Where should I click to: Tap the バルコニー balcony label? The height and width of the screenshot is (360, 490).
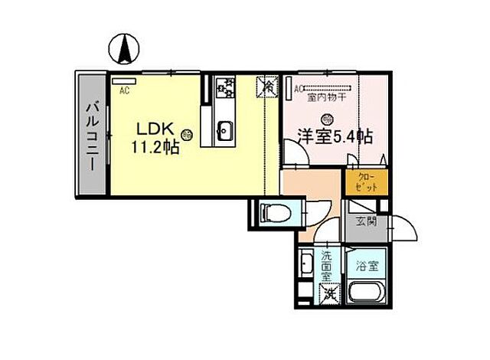pos(90,139)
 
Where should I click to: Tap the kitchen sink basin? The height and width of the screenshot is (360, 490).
pos(224,130)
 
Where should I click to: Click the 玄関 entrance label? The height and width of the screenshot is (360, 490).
pos(365,223)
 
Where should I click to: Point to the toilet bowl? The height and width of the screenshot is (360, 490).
pos(271,213)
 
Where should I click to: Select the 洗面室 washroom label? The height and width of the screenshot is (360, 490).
pos(325,264)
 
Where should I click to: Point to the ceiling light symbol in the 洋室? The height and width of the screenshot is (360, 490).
pos(328,119)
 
